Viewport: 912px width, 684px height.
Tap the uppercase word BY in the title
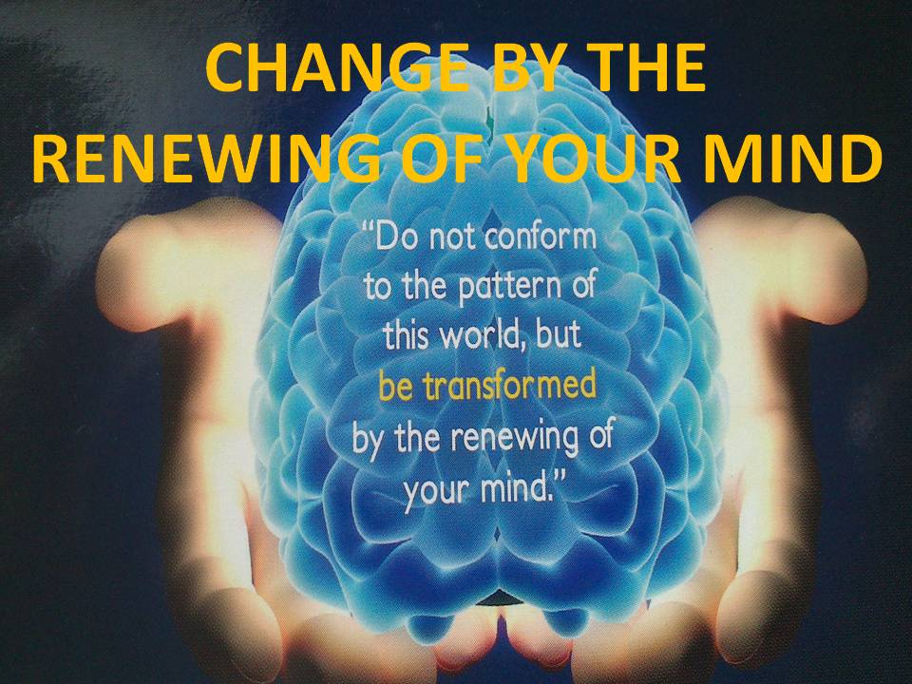click(504, 71)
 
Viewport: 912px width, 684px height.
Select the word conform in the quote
click(541, 237)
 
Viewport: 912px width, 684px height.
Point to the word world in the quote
click(494, 335)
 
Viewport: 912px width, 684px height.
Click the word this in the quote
click(412, 335)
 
